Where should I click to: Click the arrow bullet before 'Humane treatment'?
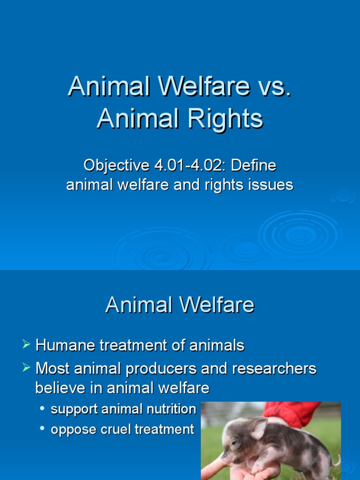click(26, 346)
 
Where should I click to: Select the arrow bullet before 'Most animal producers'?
click(26, 368)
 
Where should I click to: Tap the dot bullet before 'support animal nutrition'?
click(43, 409)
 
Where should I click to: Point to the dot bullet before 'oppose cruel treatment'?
click(43, 428)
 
